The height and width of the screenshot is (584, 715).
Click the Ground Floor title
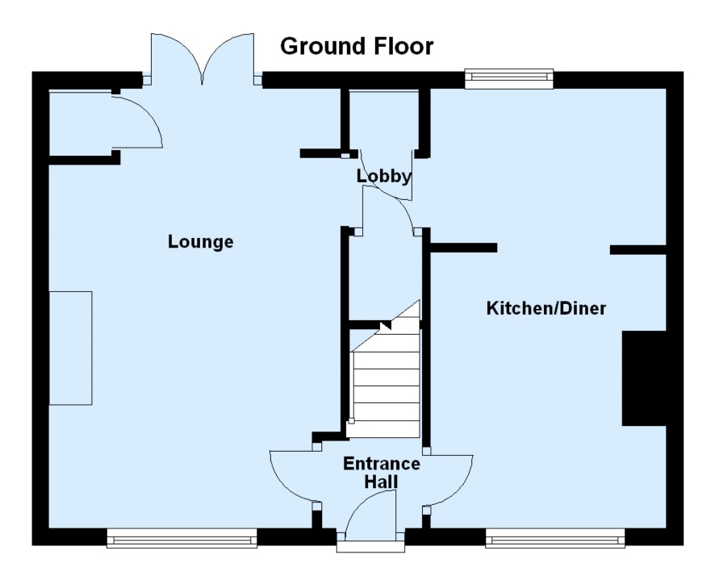pos(356,47)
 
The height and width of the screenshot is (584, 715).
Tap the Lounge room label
pos(200,241)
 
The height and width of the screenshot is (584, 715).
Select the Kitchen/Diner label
pos(546,308)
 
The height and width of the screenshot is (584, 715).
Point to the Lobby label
pos(384,176)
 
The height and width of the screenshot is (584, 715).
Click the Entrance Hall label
pos(381,473)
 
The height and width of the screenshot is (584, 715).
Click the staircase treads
pos(386,387)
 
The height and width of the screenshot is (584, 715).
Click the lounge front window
pos(182,538)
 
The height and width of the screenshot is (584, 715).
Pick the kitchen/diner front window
pos(555,538)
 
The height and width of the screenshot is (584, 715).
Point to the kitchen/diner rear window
pos(509,77)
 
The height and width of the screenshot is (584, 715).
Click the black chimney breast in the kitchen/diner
pos(643,378)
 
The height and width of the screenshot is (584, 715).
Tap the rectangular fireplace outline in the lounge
pos(70,348)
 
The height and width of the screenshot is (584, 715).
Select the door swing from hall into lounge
pos(291,476)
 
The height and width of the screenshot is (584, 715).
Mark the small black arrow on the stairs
pos(386,325)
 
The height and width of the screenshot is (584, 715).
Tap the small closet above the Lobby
pos(383,121)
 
